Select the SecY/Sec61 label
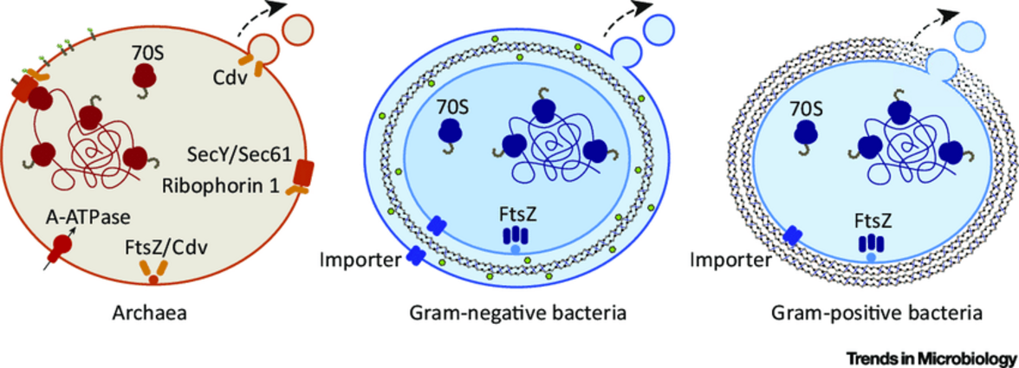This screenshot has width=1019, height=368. pos(236,155)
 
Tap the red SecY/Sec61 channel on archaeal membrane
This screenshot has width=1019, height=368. pos(303,172)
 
